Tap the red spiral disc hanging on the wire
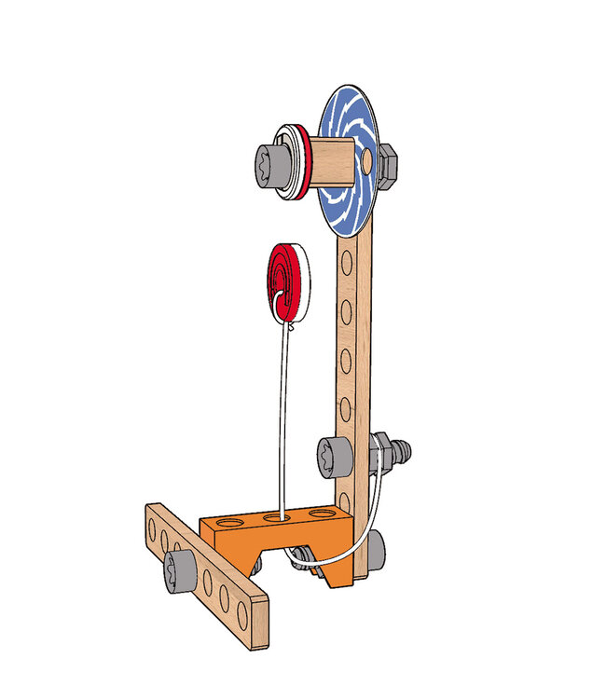coord(287,281)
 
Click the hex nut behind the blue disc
coord(390,163)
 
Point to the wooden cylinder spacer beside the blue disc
coord(331,160)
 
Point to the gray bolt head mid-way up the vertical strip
coord(332,457)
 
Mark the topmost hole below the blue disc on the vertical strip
coord(348,266)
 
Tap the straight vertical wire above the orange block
coord(282,419)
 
